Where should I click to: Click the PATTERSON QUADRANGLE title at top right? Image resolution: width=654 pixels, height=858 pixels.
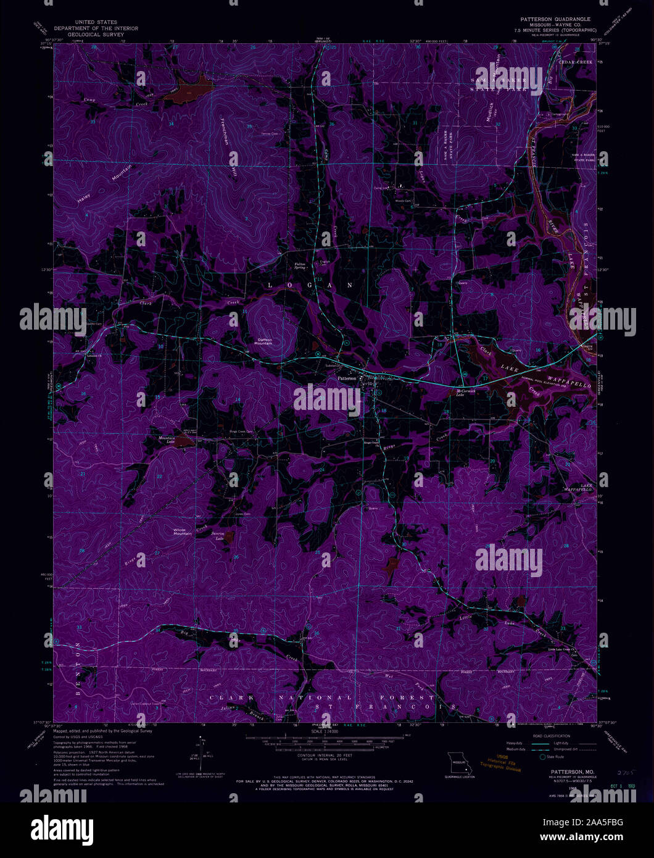pyautogui.click(x=555, y=19)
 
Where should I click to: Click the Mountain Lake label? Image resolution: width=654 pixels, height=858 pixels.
pyautogui.click(x=167, y=441)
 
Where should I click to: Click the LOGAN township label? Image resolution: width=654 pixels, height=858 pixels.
pyautogui.click(x=310, y=285)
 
